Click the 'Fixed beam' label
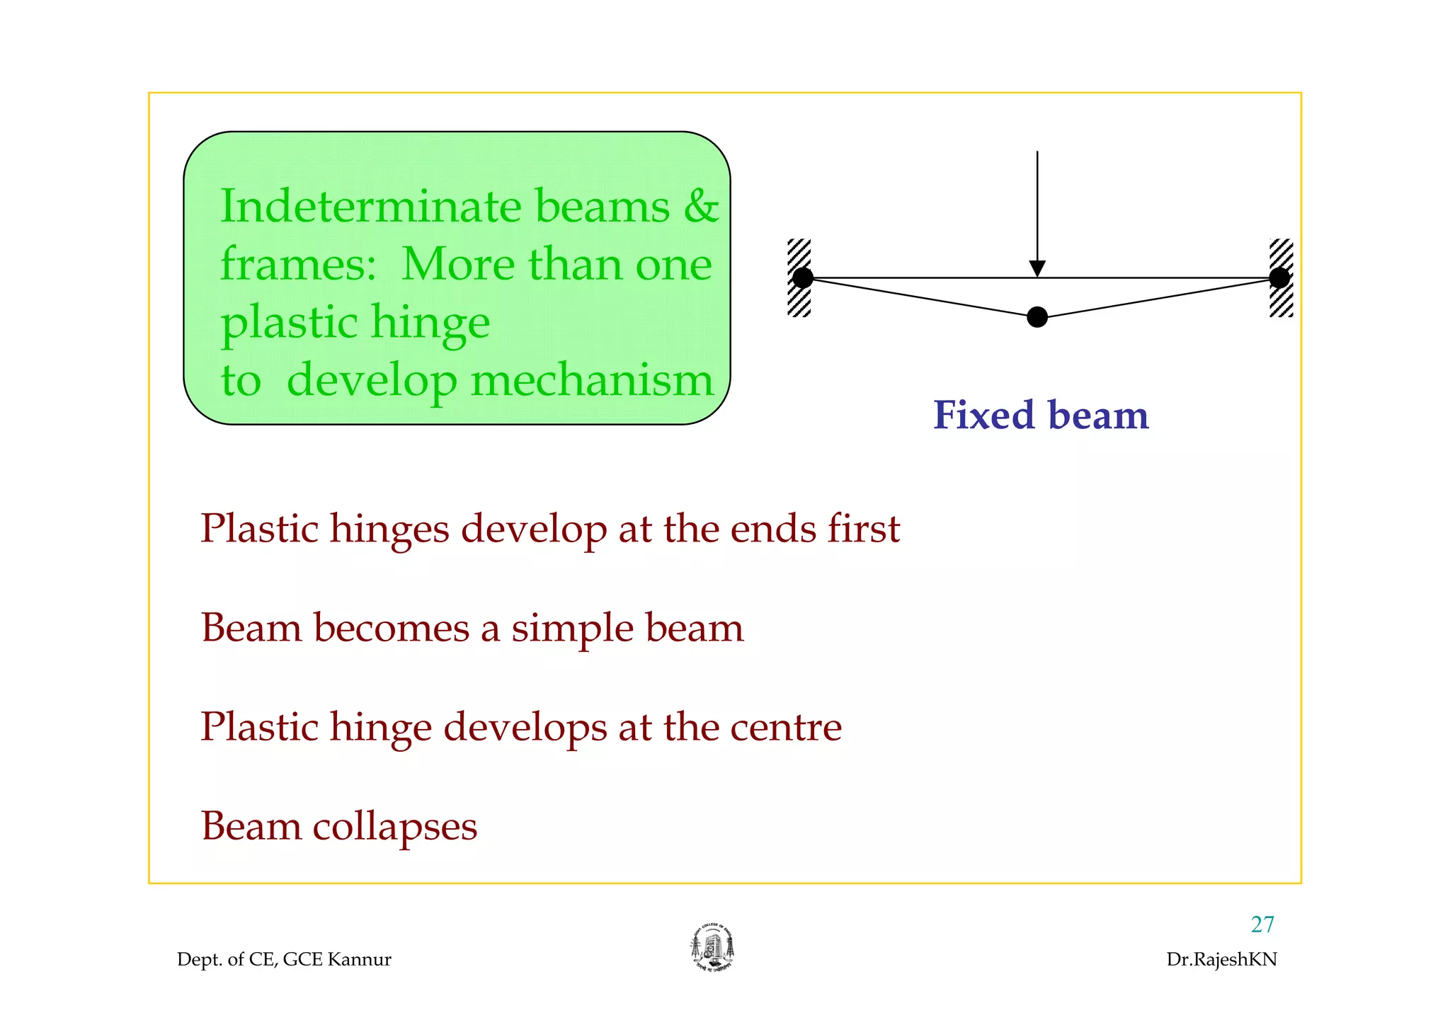click(1040, 415)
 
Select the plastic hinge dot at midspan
click(1037, 317)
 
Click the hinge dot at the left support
click(802, 277)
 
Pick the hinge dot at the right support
click(1279, 277)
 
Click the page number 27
click(1262, 924)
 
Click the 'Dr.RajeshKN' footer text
click(1221, 960)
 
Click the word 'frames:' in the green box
click(298, 265)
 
